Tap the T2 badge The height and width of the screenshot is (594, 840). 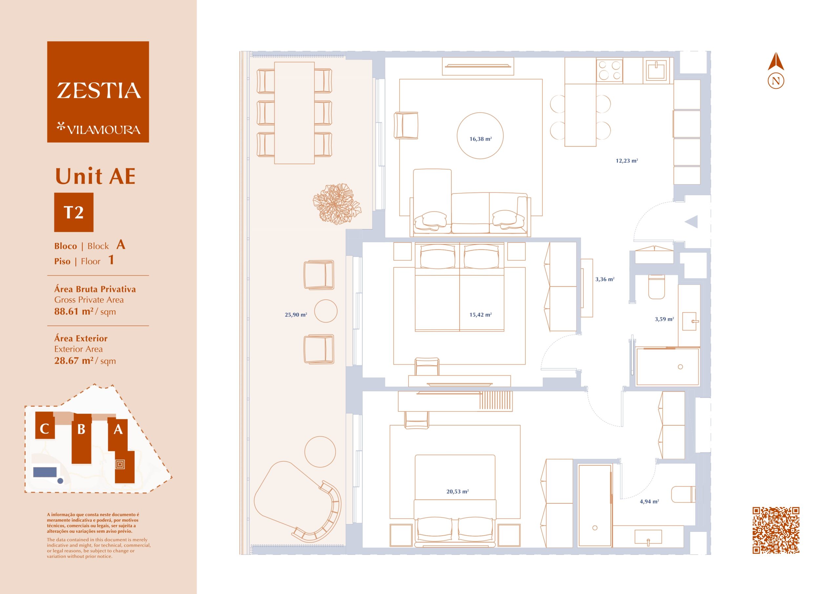[x=74, y=212]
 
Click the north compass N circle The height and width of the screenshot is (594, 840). [x=776, y=81]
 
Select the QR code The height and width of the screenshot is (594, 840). [x=776, y=530]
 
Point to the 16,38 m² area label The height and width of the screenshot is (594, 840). [x=480, y=139]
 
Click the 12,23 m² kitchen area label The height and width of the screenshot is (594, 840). [x=627, y=161]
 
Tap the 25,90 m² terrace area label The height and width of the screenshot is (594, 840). [x=296, y=315]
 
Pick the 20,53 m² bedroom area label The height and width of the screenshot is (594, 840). [x=457, y=492]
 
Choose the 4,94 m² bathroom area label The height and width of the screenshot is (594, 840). [x=649, y=502]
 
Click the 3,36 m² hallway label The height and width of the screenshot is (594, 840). [x=605, y=279]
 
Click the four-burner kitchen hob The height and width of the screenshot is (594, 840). [x=609, y=70]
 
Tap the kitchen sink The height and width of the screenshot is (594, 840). [x=658, y=70]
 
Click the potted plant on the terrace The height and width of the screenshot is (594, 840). [x=337, y=203]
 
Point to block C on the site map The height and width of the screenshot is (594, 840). [x=45, y=425]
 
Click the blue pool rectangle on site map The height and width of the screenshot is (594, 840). [x=45, y=472]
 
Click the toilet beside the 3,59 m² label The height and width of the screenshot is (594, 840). [x=656, y=287]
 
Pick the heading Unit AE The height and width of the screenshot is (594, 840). [x=95, y=176]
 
